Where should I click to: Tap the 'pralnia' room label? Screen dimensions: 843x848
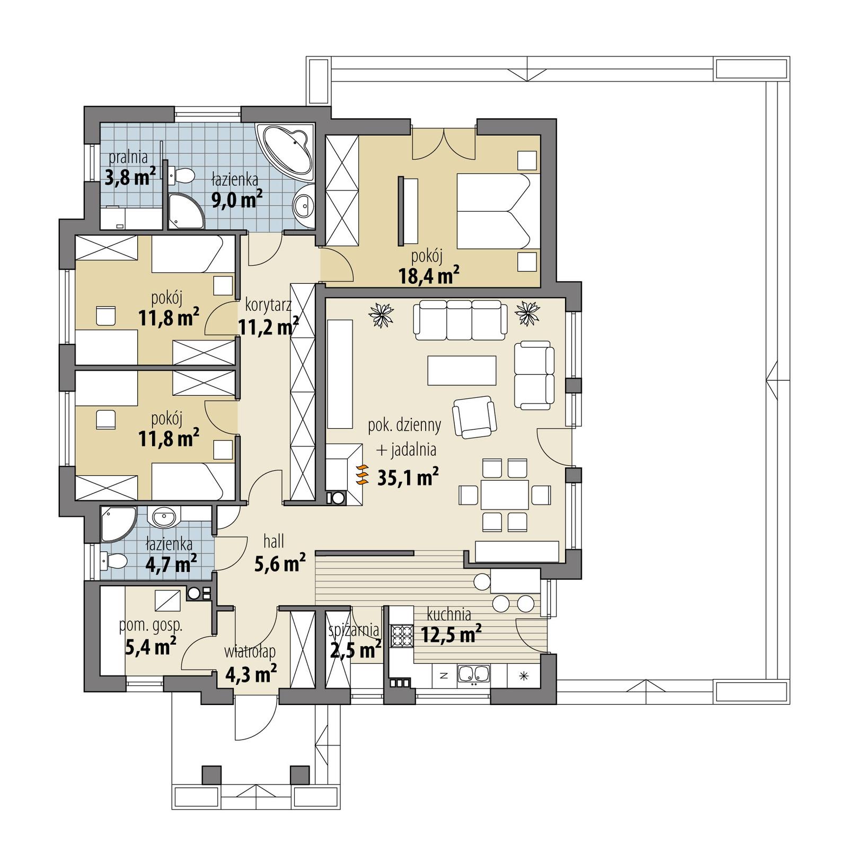coord(128,157)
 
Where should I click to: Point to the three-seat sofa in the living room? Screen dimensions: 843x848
coord(458,319)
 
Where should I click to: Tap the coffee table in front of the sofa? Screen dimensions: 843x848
coord(462,370)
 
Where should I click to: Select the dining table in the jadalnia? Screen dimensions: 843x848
coord(504,494)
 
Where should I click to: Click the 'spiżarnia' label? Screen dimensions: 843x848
coord(354,630)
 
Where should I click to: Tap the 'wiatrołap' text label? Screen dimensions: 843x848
coord(250,651)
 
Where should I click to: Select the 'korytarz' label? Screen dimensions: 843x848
coord(268,306)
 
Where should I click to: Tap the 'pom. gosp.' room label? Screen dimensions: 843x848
coord(151,625)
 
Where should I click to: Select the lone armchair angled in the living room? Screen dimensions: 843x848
coord(474,417)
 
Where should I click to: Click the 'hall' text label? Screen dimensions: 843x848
coord(274,541)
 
